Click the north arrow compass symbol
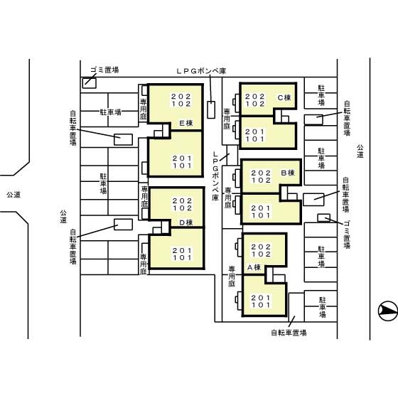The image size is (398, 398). click(388, 311)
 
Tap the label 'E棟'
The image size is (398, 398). click(186, 123)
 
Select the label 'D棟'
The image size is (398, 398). click(186, 222)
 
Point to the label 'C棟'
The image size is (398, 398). click(284, 97)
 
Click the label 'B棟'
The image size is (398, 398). click(288, 173)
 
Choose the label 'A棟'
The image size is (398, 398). click(254, 267)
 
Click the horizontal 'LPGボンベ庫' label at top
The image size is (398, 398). click(201, 71)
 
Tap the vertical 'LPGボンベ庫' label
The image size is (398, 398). click(215, 176)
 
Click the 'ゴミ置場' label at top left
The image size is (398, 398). click(104, 70)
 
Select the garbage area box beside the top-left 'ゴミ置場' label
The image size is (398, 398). click(90, 83)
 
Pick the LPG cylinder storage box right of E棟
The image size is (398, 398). click(211, 109)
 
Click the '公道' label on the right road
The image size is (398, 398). click(360, 151)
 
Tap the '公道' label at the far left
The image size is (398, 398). click(14, 195)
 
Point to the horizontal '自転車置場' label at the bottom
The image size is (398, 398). click(289, 333)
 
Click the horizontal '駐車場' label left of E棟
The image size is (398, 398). click(110, 112)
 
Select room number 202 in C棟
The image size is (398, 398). click(255, 97)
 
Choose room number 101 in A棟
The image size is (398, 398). click(262, 305)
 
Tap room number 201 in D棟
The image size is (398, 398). click(182, 250)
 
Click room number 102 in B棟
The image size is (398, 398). click(262, 181)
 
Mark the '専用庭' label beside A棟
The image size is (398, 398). click(232, 276)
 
